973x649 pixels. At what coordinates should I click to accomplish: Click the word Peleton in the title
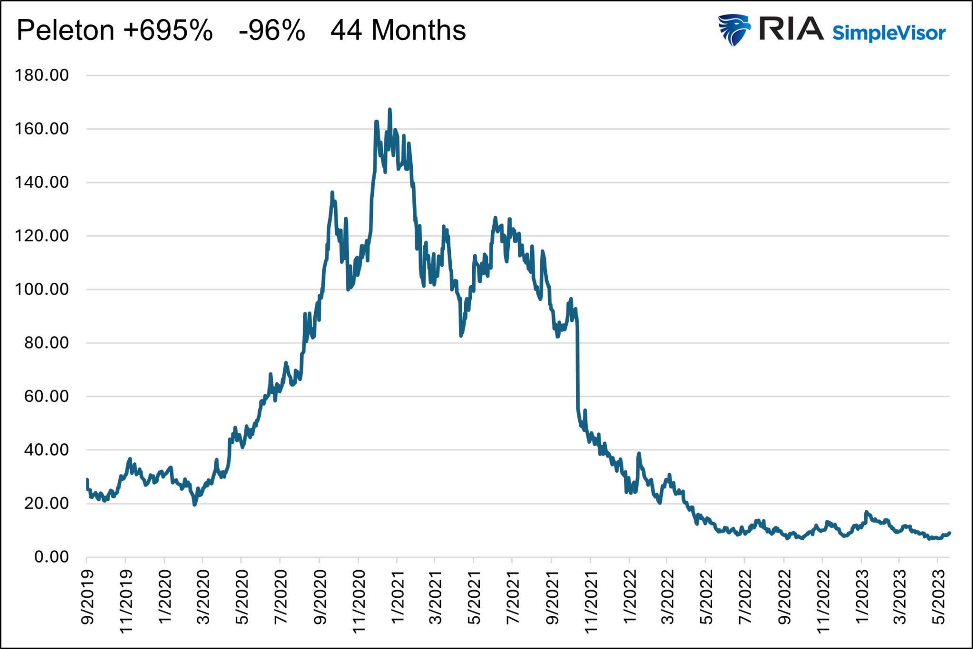(x=65, y=30)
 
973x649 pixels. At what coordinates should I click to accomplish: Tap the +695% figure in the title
(x=168, y=30)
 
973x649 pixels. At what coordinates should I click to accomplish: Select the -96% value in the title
(x=271, y=30)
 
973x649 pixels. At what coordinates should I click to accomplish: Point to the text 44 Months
(x=398, y=30)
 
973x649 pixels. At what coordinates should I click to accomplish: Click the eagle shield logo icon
(x=734, y=30)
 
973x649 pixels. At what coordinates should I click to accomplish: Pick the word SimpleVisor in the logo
(x=888, y=33)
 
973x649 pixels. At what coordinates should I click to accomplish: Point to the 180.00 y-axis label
(x=42, y=75)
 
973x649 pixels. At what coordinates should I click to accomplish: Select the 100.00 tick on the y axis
(x=42, y=289)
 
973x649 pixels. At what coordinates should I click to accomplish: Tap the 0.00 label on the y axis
(x=51, y=557)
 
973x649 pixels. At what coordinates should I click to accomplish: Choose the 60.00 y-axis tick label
(x=47, y=396)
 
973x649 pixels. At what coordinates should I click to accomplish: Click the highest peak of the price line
(x=390, y=109)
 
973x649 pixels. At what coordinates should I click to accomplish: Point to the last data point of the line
(x=949, y=533)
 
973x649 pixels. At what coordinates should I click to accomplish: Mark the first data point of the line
(x=87, y=479)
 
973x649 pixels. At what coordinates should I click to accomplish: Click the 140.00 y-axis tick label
(x=42, y=182)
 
